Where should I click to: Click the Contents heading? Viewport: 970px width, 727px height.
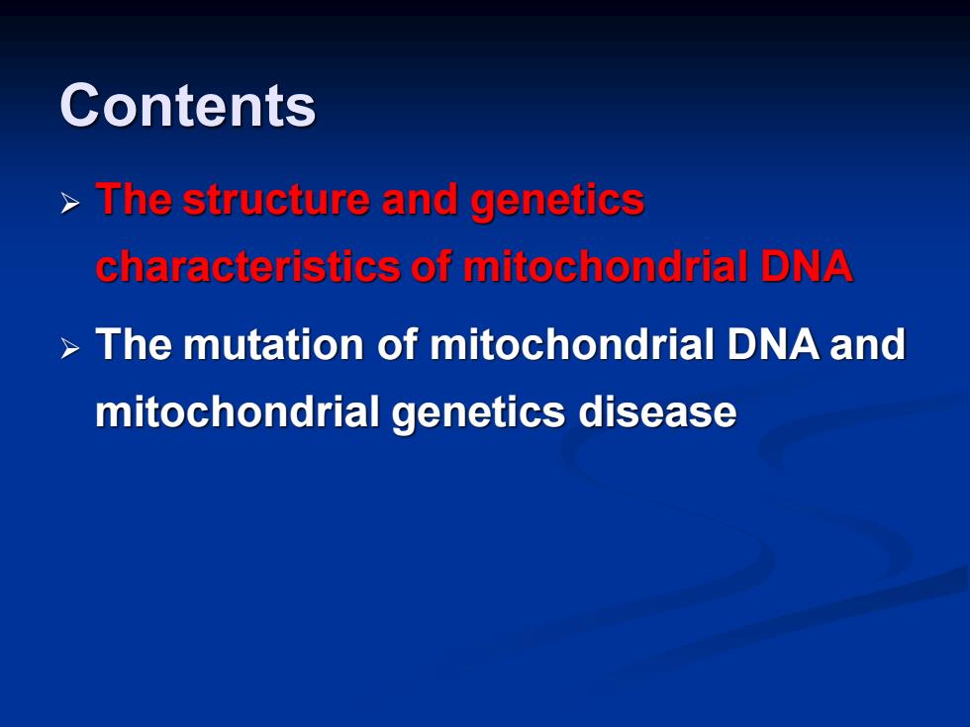tap(188, 105)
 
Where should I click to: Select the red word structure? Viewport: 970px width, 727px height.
tap(276, 199)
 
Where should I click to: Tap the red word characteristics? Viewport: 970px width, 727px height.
tap(248, 266)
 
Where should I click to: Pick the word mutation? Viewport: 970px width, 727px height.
tap(274, 344)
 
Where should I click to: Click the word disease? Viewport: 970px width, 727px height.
tap(657, 411)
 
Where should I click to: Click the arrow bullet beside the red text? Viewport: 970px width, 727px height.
tap(70, 203)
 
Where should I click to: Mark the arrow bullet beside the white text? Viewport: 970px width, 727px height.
tap(70, 348)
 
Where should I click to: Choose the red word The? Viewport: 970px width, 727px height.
tap(134, 199)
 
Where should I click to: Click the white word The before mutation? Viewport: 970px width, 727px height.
tap(134, 344)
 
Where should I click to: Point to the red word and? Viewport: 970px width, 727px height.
tap(420, 199)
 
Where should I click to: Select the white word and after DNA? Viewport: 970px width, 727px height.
tap(868, 344)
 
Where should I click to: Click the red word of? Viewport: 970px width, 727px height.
tap(432, 266)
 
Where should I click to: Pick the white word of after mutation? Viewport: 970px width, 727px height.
tap(398, 344)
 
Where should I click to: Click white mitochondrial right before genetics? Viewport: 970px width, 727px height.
tap(238, 411)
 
